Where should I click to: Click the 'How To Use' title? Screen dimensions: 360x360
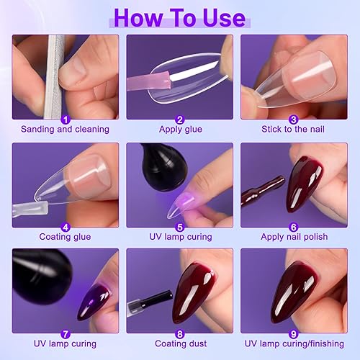pyautogui.click(x=180, y=17)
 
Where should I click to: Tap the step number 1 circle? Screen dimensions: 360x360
pyautogui.click(x=65, y=120)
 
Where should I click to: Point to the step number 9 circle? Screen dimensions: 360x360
pyautogui.click(x=294, y=333)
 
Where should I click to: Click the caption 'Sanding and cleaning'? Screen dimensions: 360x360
pyautogui.click(x=65, y=130)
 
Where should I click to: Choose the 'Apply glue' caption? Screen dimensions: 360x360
pyautogui.click(x=179, y=130)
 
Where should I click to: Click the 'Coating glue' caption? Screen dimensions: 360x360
pyautogui.click(x=65, y=236)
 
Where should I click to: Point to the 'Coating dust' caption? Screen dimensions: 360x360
pyautogui.click(x=179, y=343)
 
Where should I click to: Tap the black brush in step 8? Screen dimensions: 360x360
pyautogui.click(x=148, y=297)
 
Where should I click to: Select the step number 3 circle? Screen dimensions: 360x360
pyautogui.click(x=294, y=120)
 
